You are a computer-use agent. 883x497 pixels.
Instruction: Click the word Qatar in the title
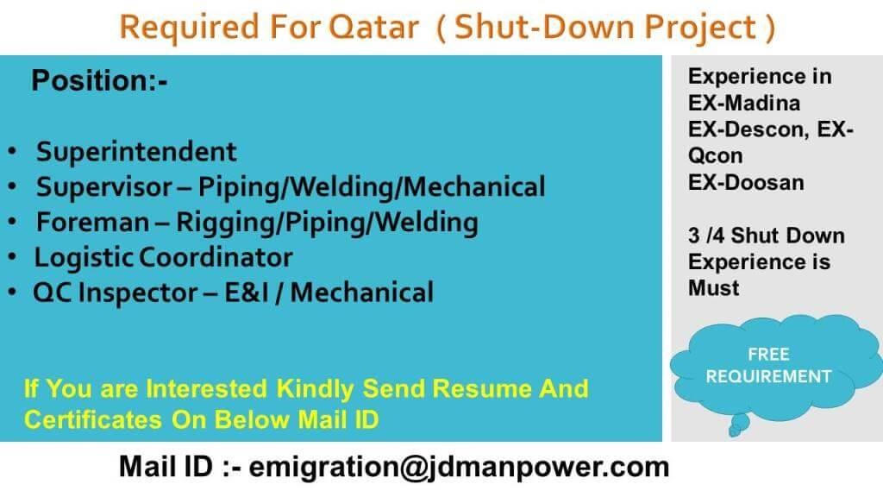point(374,27)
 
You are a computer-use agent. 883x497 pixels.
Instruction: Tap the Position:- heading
point(99,80)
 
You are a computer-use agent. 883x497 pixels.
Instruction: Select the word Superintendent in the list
point(136,152)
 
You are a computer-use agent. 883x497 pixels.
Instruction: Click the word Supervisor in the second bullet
point(104,187)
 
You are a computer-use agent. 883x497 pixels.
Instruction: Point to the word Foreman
point(93,222)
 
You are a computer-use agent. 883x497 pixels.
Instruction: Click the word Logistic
point(84,257)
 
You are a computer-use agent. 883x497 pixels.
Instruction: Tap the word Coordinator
point(216,257)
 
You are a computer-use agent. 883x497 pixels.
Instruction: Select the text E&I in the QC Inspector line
point(246,293)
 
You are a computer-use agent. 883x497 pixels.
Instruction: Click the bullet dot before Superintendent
point(12,152)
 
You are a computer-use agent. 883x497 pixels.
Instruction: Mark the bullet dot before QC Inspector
point(12,293)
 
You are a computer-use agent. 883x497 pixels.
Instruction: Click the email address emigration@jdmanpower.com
point(459,468)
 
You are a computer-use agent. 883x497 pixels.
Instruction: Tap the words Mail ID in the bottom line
point(166,467)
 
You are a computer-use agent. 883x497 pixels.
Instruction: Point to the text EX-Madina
point(744,104)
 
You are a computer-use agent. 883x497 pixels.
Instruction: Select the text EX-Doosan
point(746,183)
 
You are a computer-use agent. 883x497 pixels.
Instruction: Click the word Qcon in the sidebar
point(715,156)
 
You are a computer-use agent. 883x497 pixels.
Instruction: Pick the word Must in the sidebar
point(713,288)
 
